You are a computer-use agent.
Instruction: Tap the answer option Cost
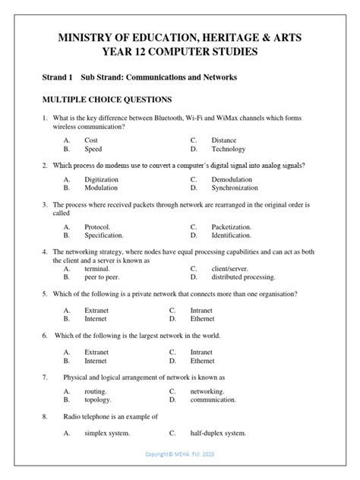click(x=91, y=141)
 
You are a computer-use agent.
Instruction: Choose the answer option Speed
click(x=93, y=150)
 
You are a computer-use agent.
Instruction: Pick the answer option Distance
click(x=224, y=141)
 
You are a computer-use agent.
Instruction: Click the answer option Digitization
click(x=101, y=180)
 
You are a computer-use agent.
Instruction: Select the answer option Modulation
click(x=100, y=189)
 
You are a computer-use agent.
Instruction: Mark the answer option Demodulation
click(x=232, y=180)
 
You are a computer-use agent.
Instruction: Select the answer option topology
click(x=98, y=399)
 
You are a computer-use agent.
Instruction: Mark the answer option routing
click(x=96, y=390)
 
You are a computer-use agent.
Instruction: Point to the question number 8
click(x=45, y=416)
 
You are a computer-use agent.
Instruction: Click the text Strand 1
click(x=56, y=77)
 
